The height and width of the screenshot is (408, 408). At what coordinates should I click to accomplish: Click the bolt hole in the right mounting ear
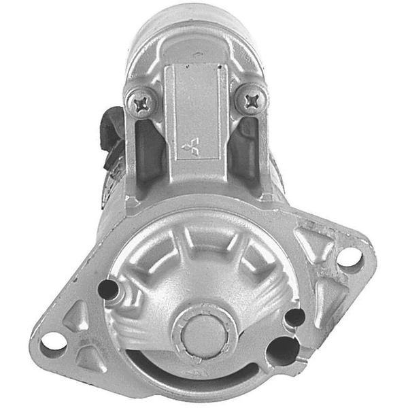348,257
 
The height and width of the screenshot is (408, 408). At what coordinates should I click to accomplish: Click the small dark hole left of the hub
108,290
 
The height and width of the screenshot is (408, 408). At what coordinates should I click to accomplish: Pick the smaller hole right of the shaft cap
294,317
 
